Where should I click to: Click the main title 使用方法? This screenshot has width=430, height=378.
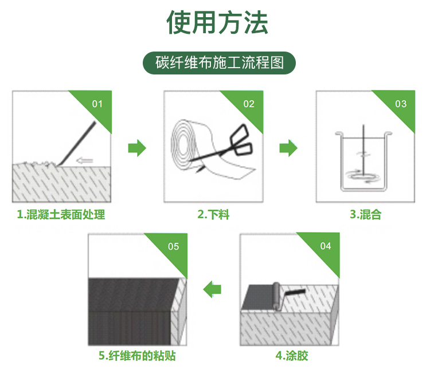pyautogui.click(x=217, y=22)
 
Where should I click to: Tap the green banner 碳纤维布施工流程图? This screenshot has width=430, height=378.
pyautogui.click(x=219, y=63)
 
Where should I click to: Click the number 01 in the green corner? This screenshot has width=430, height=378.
pyautogui.click(x=97, y=104)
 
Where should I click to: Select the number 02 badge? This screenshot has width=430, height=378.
pyautogui.click(x=249, y=104)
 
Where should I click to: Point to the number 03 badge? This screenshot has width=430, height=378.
pyautogui.click(x=401, y=104)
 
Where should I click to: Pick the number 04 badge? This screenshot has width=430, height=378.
pyautogui.click(x=326, y=246)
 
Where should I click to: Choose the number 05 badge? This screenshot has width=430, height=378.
pyautogui.click(x=173, y=246)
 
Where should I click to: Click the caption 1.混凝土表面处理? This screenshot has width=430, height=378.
pyautogui.click(x=61, y=214)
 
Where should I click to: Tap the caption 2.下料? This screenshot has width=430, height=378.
pyautogui.click(x=213, y=214)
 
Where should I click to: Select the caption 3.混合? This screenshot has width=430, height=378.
pyautogui.click(x=366, y=214)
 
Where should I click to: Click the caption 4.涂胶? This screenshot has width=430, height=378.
pyautogui.click(x=292, y=356)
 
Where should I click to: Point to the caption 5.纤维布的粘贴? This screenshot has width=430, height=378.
pyautogui.click(x=137, y=356)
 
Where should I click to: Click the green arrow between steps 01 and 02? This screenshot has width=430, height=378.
pyautogui.click(x=137, y=148)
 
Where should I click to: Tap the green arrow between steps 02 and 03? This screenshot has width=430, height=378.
pyautogui.click(x=288, y=148)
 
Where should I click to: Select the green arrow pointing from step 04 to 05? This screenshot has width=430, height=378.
pyautogui.click(x=212, y=289)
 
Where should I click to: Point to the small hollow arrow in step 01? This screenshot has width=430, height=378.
pyautogui.click(x=85, y=160)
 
